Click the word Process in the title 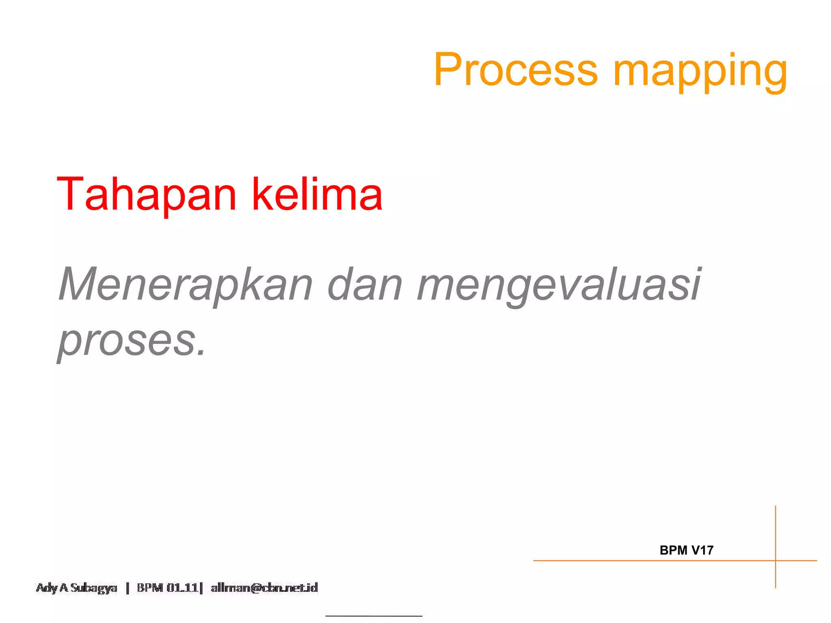(515, 70)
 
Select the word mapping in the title (700, 72)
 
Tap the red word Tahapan (146, 194)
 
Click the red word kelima (317, 194)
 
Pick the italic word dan (365, 284)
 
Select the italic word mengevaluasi (559, 285)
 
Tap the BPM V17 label (686, 550)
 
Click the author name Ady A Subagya (77, 588)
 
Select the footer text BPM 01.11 (167, 588)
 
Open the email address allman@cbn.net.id (264, 588)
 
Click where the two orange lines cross (775, 561)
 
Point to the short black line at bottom (374, 616)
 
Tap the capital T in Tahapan (69, 194)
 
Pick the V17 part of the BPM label (702, 550)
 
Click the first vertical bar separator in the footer (127, 588)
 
